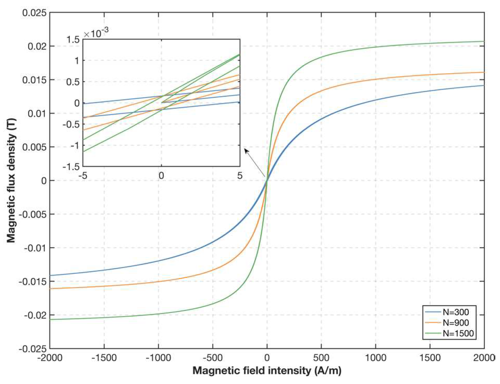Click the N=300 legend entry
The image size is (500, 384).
[x=455, y=312]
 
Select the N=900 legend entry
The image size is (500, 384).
[x=455, y=323]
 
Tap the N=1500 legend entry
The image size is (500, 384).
[x=458, y=333]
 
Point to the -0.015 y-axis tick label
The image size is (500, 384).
[x=33, y=281]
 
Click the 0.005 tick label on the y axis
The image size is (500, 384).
[x=34, y=147]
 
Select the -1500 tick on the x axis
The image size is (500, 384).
[x=104, y=358]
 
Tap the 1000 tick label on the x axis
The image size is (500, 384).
[x=375, y=358]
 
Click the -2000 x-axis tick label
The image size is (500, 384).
[x=50, y=358]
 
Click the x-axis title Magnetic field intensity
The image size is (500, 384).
[x=267, y=370]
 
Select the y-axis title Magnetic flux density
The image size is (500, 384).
[x=11, y=180]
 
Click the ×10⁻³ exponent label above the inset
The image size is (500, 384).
[x=96, y=33]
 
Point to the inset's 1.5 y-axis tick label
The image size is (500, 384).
[x=73, y=40]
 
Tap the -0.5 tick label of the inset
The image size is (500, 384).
[x=71, y=124]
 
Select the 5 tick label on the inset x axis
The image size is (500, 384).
[x=240, y=176]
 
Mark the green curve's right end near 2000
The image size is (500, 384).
[x=483, y=42]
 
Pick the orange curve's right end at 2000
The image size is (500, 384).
[x=483, y=72]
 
